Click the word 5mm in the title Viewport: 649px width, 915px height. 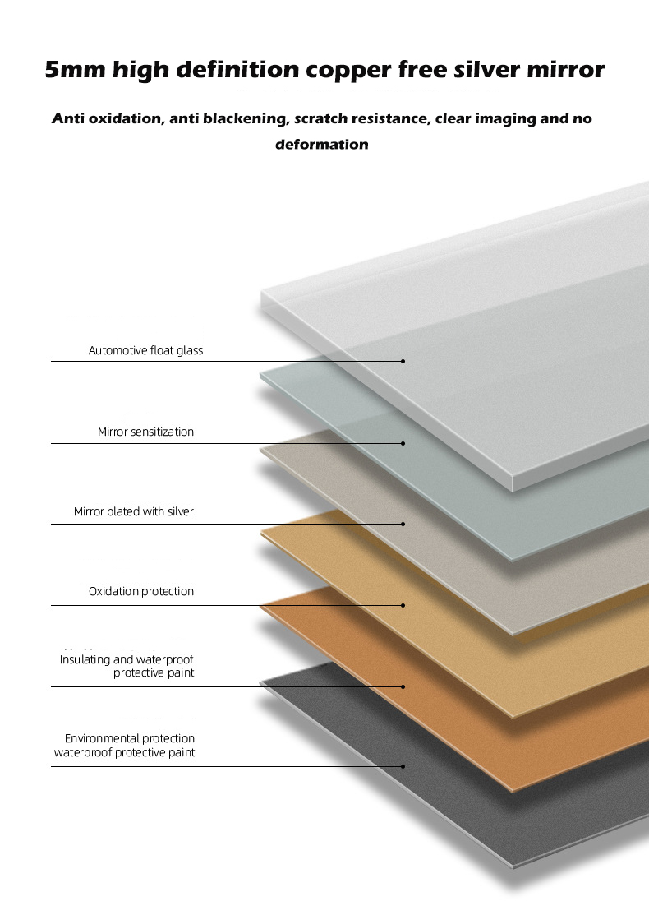tap(75, 69)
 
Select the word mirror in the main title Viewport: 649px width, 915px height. tap(565, 70)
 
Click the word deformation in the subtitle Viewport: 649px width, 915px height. tap(322, 144)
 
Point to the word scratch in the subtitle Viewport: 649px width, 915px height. tap(320, 118)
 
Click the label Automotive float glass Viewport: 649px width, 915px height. tap(145, 350)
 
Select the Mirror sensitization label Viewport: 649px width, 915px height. tap(145, 432)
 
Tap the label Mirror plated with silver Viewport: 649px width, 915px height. tap(134, 512)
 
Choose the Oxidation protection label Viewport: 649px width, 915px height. tap(141, 591)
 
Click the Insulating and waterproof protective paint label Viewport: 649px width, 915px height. tap(127, 666)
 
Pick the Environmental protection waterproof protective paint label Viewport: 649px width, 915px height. tap(124, 745)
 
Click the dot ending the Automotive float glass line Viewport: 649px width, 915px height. tap(403, 361)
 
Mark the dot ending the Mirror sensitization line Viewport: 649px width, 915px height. tap(403, 443)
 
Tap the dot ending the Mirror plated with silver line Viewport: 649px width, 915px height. tap(403, 524)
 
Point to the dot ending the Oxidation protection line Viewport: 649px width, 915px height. tap(403, 605)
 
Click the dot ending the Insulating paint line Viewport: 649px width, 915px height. tap(403, 686)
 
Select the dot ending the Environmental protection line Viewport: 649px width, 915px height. tap(403, 766)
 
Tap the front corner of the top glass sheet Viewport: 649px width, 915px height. tap(513, 489)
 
